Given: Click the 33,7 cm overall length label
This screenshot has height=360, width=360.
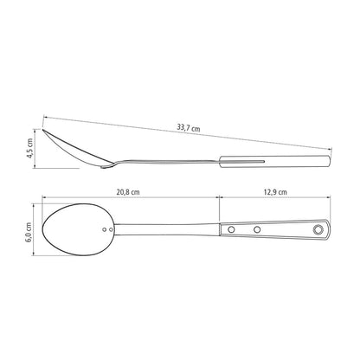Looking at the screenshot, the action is [x=189, y=128].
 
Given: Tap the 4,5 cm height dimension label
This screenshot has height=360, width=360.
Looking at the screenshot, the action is [x=29, y=148].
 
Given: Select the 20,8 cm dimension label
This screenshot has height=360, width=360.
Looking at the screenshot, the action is [x=128, y=192].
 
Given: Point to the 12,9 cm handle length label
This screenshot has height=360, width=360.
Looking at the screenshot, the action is [x=275, y=192].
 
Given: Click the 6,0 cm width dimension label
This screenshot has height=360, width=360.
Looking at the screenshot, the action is [x=29, y=232].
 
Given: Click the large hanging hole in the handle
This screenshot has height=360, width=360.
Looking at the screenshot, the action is [x=318, y=229].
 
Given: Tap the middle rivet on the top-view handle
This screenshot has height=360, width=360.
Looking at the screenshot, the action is [x=257, y=229].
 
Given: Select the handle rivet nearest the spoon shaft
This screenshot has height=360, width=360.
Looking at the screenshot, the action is [x=231, y=229].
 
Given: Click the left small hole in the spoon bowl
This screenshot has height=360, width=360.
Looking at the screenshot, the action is [x=105, y=229].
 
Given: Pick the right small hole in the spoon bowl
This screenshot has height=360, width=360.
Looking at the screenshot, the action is [x=111, y=229].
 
